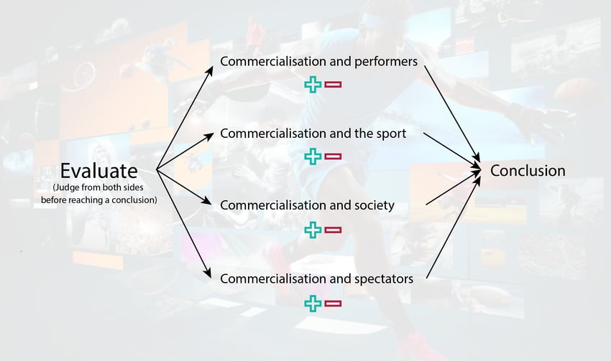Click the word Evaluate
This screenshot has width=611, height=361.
tap(98, 171)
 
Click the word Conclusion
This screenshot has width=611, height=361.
tap(528, 171)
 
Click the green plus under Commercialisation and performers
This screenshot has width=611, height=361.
tap(312, 85)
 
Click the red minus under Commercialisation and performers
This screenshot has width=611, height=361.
tap(333, 85)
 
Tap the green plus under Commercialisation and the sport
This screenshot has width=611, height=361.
tap(312, 156)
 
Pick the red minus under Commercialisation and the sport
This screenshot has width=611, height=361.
tap(333, 156)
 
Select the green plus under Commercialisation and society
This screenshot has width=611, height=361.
tap(312, 230)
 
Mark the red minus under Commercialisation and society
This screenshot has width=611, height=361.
tap(333, 230)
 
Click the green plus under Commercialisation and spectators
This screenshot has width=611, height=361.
tap(312, 303)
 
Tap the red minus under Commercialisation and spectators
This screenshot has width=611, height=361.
tap(333, 303)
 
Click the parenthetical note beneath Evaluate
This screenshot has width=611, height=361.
tap(98, 194)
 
